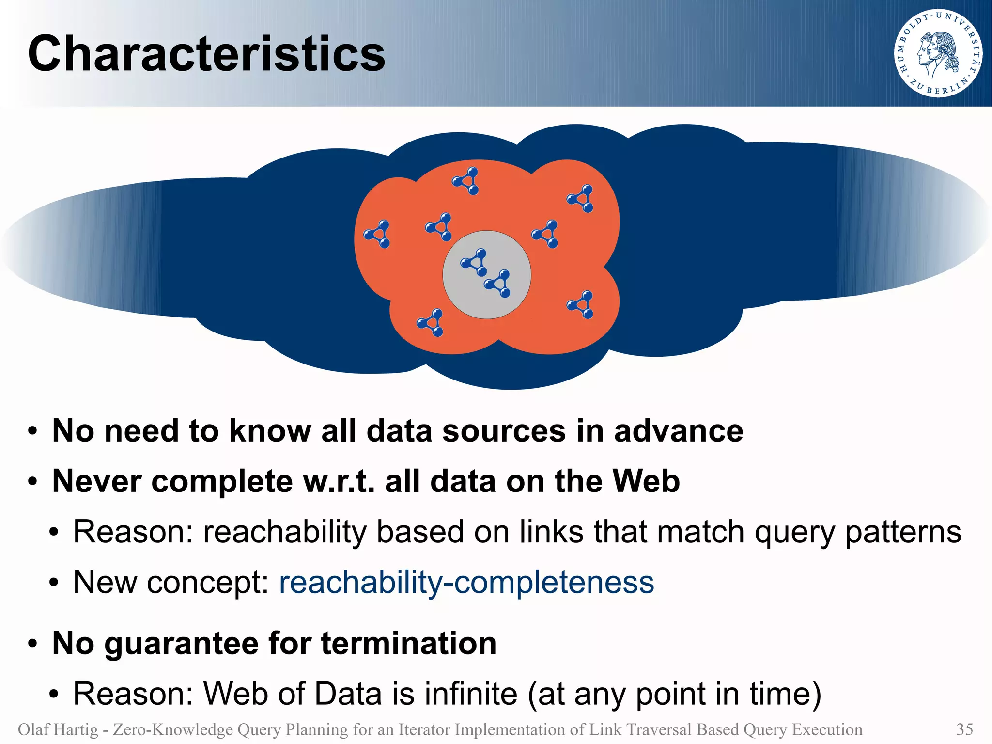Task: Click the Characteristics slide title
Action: [x=206, y=54]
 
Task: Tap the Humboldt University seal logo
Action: [x=938, y=53]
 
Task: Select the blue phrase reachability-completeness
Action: [x=466, y=582]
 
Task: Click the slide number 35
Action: [x=964, y=729]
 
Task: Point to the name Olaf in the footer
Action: [x=33, y=729]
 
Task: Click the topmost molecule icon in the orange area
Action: [x=466, y=181]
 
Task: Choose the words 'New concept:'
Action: [x=171, y=582]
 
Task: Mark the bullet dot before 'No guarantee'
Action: [x=32, y=644]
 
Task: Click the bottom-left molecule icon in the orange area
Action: [x=431, y=323]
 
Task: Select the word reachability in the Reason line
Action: [x=284, y=532]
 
